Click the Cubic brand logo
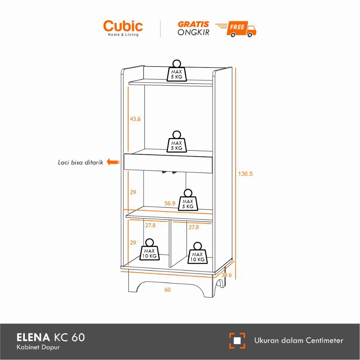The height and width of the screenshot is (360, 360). tap(123, 28)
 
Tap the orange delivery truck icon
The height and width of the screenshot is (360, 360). tap(242, 29)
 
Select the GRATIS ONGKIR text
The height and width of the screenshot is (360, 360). tap(193, 28)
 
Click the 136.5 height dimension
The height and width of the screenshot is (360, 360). tap(245, 174)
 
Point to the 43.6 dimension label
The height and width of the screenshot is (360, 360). tap(135, 119)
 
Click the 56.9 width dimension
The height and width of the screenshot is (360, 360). tap(170, 203)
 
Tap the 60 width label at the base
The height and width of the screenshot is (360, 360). tap(167, 290)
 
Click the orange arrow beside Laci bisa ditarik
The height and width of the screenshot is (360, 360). tap(113, 162)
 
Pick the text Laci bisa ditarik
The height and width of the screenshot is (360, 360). tap(81, 162)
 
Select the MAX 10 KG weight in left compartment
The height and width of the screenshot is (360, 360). tap(149, 250)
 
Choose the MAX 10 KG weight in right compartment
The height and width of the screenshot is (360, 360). tap(197, 253)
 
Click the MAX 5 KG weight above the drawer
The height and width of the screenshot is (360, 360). tap(176, 142)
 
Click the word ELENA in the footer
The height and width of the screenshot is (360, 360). tap(33, 337)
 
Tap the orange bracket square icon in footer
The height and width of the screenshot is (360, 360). tap(237, 340)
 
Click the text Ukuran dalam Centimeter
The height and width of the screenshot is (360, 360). tap(298, 340)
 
